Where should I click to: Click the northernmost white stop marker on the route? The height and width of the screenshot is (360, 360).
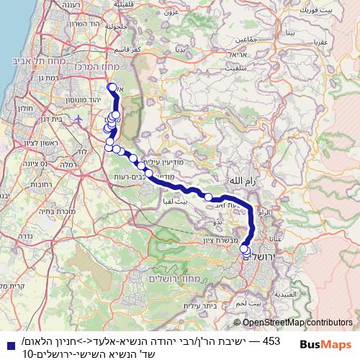(x=112, y=88)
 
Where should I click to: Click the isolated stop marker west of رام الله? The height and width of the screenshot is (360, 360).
(x=208, y=197)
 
